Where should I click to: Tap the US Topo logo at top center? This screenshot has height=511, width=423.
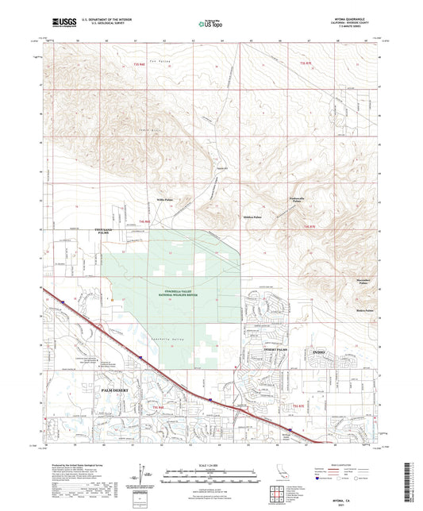coord(210,25)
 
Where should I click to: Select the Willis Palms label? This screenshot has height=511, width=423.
coord(164,201)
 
